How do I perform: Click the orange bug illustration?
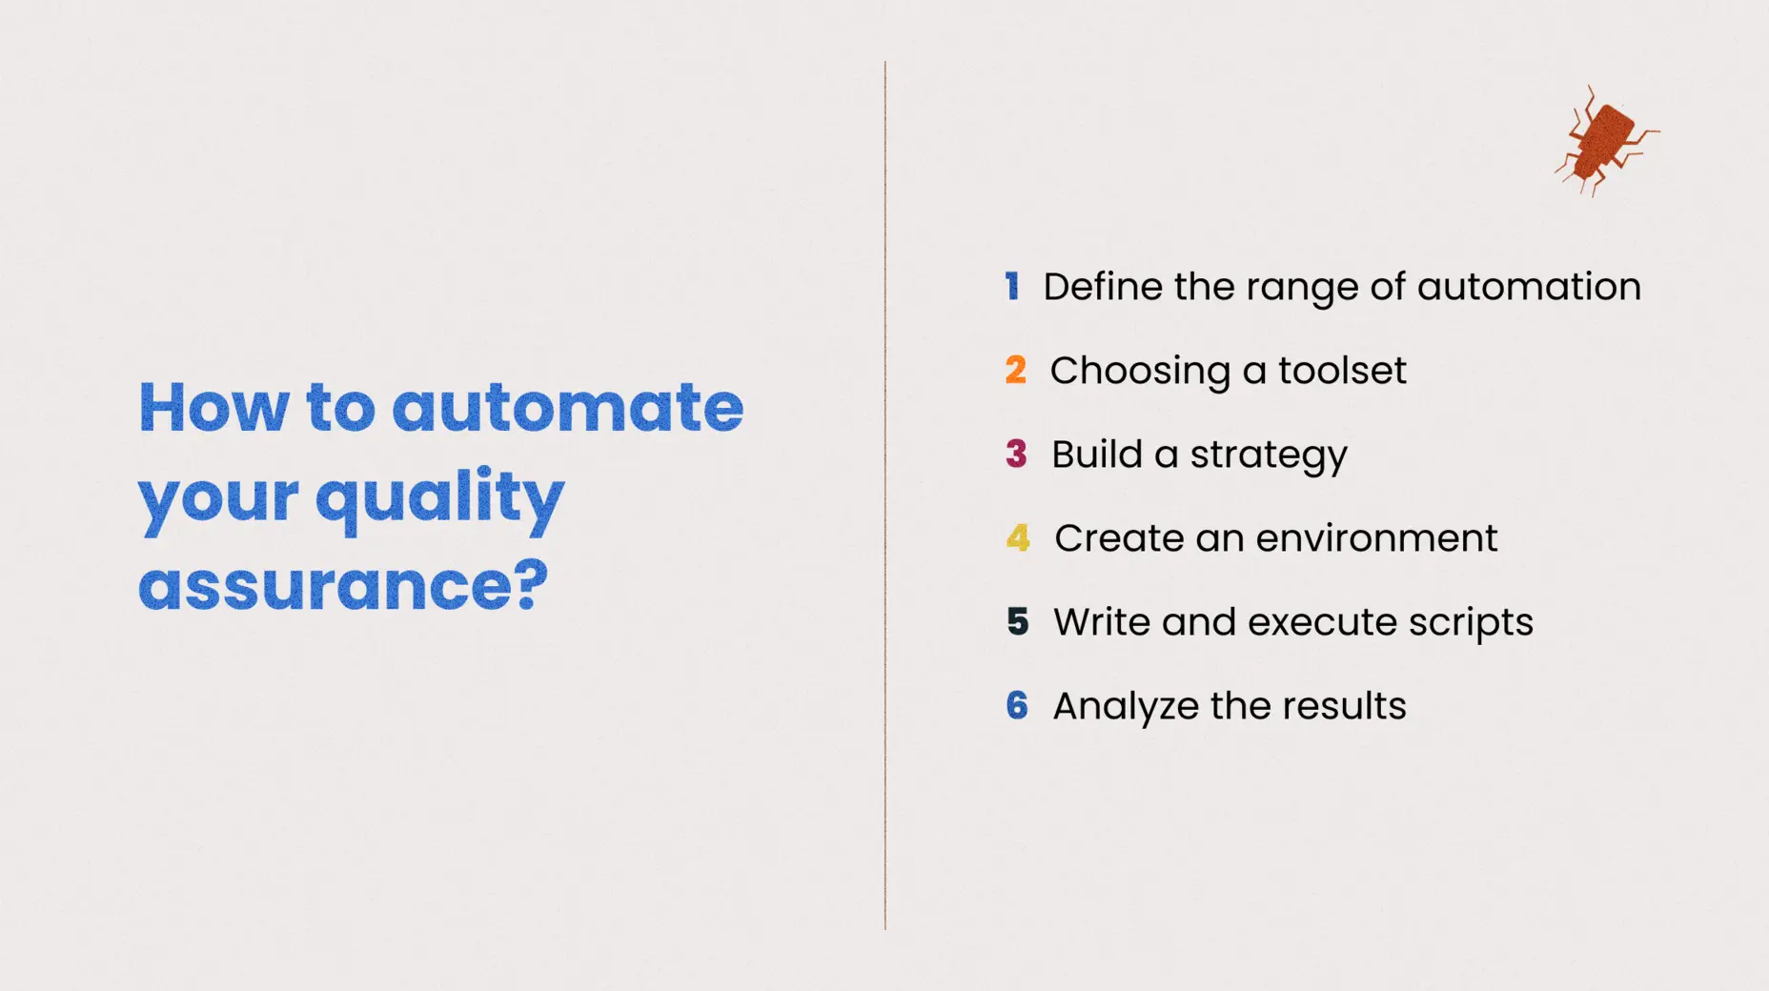click(x=1604, y=142)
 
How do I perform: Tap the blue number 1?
click(x=1012, y=286)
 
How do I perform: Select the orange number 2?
click(x=1016, y=370)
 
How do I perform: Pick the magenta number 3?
click(x=1017, y=454)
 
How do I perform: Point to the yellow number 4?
click(x=1018, y=537)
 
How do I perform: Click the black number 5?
click(x=1018, y=621)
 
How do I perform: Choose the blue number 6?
click(x=1017, y=705)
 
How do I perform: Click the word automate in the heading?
click(x=567, y=407)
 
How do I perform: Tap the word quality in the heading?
click(x=439, y=496)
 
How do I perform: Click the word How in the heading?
click(x=213, y=407)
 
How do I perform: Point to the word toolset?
click(x=1342, y=370)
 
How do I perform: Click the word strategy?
click(x=1269, y=455)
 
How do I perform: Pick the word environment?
click(x=1376, y=538)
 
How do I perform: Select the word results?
click(x=1344, y=706)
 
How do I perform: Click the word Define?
click(x=1103, y=286)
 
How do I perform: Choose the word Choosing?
click(x=1140, y=372)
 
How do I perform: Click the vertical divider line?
click(x=885, y=495)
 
